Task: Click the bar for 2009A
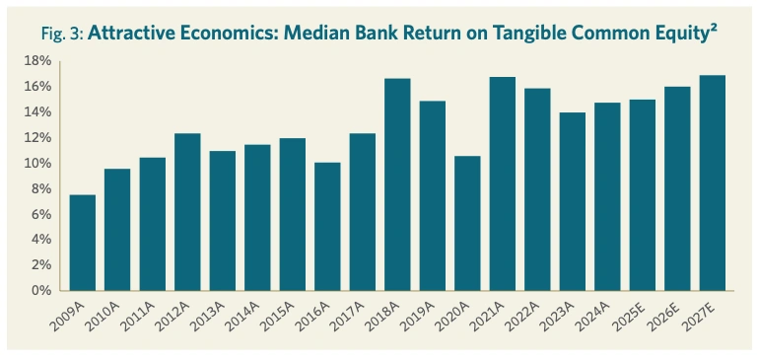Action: click(x=83, y=243)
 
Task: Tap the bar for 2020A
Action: click(x=467, y=223)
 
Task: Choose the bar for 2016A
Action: click(x=327, y=226)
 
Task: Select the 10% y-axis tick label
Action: click(x=37, y=164)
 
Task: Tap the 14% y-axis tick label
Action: click(x=37, y=112)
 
